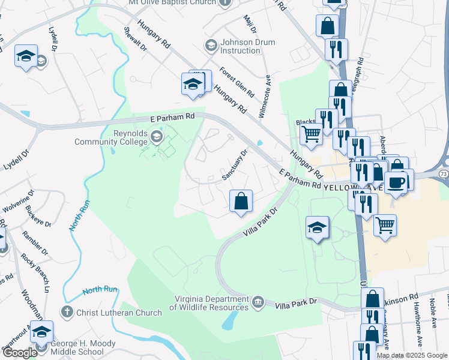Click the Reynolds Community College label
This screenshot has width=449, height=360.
pyautogui.click(x=110, y=137)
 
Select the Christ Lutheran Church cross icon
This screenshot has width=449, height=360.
pyautogui.click(x=67, y=312)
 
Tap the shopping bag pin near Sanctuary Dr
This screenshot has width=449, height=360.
pyautogui.click(x=241, y=201)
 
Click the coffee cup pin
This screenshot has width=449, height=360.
pyautogui.click(x=396, y=182)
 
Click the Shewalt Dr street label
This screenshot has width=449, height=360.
pyautogui.click(x=135, y=41)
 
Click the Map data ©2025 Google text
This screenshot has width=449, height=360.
pyautogui.click(x=412, y=355)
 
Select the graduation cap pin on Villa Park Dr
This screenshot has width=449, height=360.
pyautogui.click(x=317, y=227)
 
